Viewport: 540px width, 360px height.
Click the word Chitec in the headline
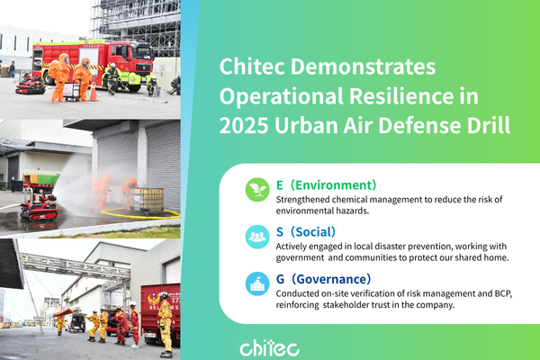(255, 67)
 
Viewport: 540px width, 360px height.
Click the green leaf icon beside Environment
(257, 189)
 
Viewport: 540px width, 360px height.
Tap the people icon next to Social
(257, 236)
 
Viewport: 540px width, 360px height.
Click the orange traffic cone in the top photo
(93, 92)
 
